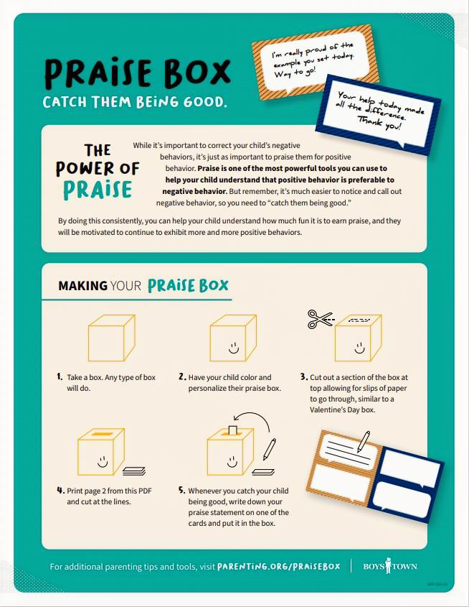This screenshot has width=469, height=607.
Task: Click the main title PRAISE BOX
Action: tap(137, 72)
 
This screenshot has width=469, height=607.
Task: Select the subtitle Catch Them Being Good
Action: tap(135, 102)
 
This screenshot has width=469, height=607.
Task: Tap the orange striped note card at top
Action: tap(313, 57)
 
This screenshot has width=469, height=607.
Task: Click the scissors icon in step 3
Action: tap(320, 318)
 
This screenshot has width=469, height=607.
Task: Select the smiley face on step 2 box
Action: tap(233, 348)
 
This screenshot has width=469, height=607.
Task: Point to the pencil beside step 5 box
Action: tap(269, 450)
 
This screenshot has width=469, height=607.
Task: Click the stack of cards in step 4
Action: tap(133, 471)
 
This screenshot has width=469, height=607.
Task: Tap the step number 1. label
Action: tap(60, 376)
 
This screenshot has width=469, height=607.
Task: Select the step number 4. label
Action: tap(60, 491)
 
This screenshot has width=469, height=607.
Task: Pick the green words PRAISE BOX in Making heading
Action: tap(188, 285)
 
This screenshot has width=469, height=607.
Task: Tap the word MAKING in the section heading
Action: tap(82, 286)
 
